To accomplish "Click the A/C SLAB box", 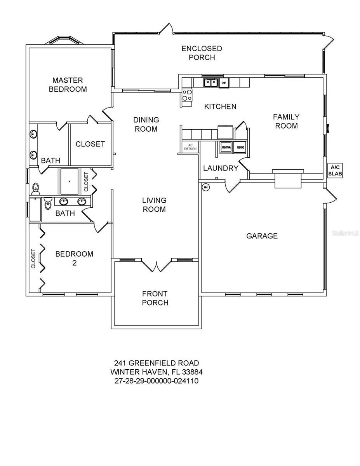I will click(x=335, y=170).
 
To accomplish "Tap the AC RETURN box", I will click(x=190, y=146).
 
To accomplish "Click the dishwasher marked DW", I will click(x=224, y=83).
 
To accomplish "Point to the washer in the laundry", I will click(x=226, y=147).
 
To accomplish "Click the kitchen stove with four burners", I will click(x=187, y=95).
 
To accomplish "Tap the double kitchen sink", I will click(x=211, y=82).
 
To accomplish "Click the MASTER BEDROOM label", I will click(x=68, y=85).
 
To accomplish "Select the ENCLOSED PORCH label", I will click(x=202, y=53).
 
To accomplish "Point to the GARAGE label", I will click(x=262, y=236).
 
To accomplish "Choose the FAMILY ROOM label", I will click(x=286, y=121).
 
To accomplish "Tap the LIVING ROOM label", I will click(x=154, y=205).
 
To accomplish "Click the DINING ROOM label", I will click(x=146, y=124).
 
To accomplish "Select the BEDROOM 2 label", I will click(x=74, y=258).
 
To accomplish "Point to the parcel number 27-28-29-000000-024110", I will click(x=157, y=381).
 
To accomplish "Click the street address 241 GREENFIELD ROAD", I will click(x=157, y=363).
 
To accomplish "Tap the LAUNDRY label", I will click(x=221, y=168).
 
